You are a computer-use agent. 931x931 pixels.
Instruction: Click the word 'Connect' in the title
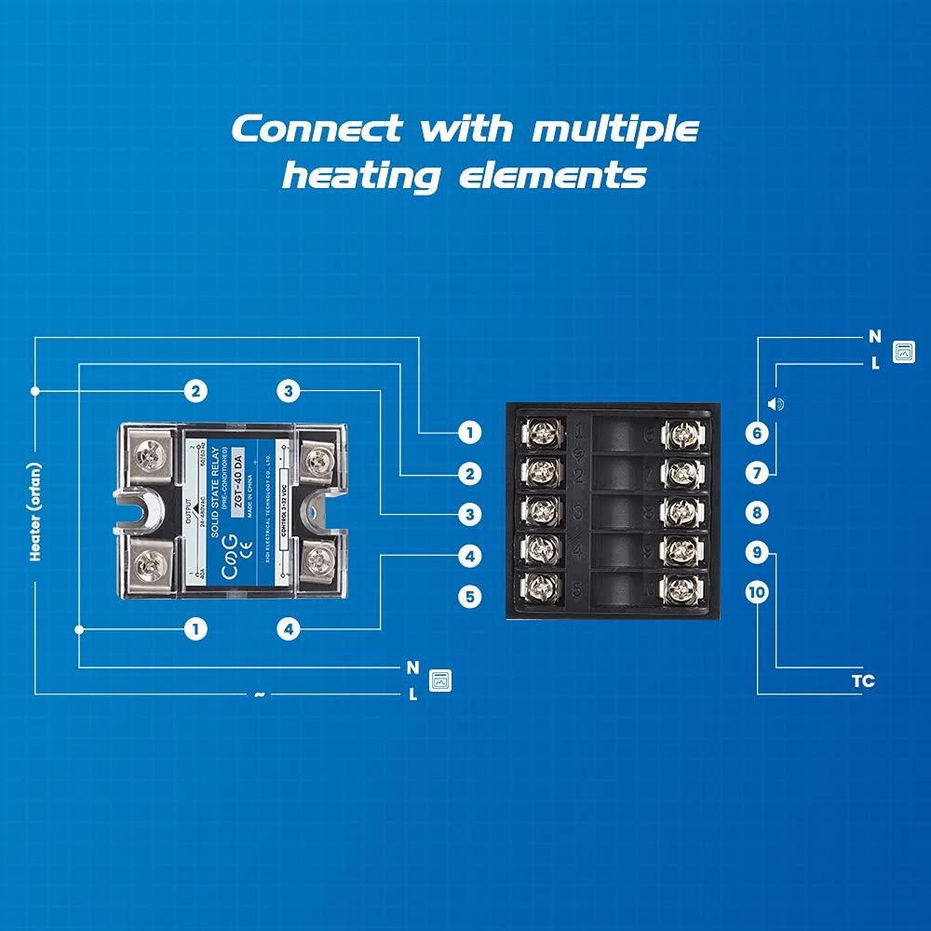(316, 128)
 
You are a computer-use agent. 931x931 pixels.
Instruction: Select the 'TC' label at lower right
(863, 681)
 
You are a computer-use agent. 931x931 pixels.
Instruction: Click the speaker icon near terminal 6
(776, 404)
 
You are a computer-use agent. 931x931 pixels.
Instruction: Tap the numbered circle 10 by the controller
(757, 592)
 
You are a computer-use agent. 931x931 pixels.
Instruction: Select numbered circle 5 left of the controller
(471, 596)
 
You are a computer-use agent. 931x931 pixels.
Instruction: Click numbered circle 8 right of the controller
(757, 512)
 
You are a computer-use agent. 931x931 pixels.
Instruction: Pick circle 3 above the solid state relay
(289, 391)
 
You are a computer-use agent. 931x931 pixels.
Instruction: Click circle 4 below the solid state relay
(289, 629)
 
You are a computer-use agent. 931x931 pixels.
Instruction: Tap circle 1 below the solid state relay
(195, 629)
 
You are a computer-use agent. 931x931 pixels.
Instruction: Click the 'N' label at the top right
(874, 337)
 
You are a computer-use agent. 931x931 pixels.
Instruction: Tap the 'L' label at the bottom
(412, 695)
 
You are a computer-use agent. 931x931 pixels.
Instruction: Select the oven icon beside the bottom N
(439, 681)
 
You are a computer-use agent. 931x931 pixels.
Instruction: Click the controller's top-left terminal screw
(542, 433)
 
